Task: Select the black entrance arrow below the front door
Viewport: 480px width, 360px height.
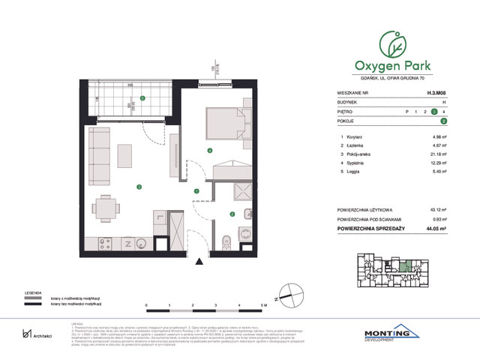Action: tap(199, 261)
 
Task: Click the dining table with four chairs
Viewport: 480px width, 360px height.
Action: tap(106, 207)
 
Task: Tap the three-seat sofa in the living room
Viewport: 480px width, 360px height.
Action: tap(97, 156)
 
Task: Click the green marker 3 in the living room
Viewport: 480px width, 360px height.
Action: tap(137, 186)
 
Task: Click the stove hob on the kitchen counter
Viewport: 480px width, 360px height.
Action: tap(105, 243)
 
